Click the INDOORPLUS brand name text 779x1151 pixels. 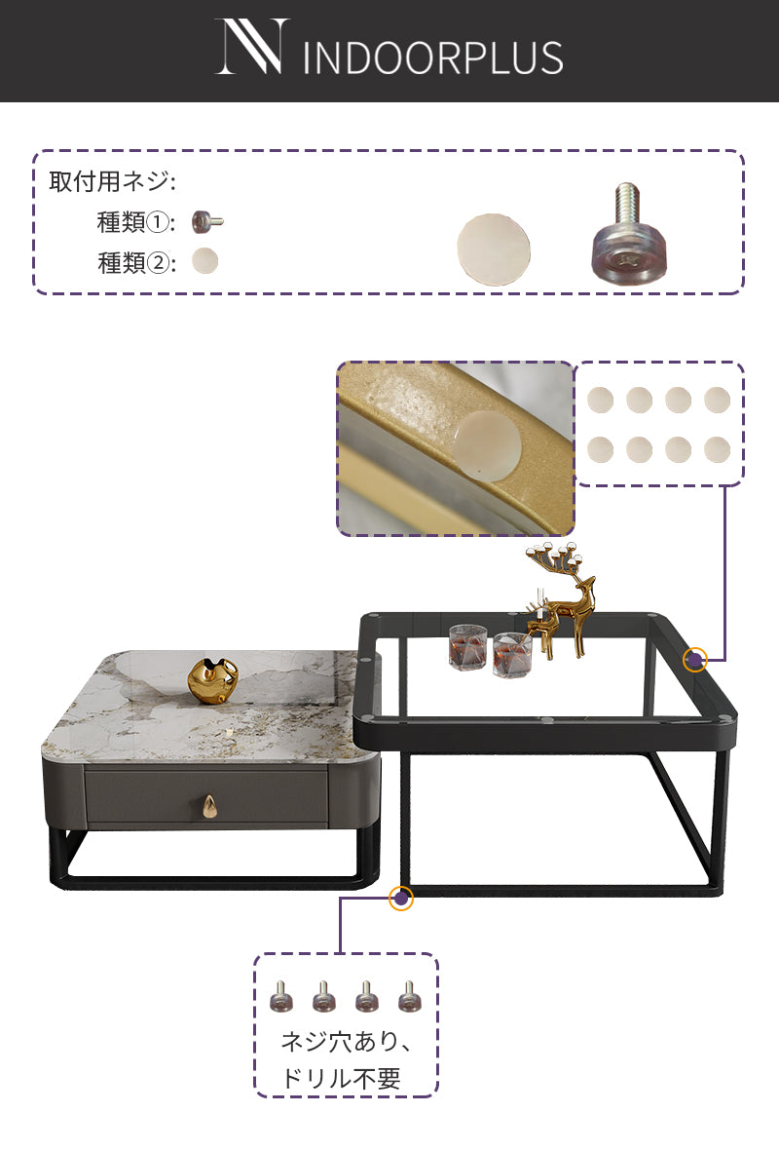tap(432, 58)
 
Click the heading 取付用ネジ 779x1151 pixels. tap(112, 180)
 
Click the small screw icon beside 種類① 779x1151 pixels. tap(207, 221)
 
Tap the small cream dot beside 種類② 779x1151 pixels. tap(205, 261)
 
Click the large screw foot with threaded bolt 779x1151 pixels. tap(629, 234)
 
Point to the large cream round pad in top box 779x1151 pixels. tap(494, 249)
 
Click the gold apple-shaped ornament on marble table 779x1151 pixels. tap(212, 682)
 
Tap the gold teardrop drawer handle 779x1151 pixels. tap(209, 807)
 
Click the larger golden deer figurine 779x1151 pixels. tap(564, 598)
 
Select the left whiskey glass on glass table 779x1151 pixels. tap(468, 646)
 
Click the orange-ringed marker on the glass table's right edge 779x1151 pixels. tap(695, 659)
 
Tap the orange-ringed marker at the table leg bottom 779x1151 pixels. tap(400, 898)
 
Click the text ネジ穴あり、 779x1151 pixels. tap(347, 1041)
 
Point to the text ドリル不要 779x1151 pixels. tap(342, 1078)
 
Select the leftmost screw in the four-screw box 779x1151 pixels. tap(281, 996)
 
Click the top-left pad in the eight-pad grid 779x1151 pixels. tap(601, 400)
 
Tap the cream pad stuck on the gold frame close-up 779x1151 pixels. tap(486, 445)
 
